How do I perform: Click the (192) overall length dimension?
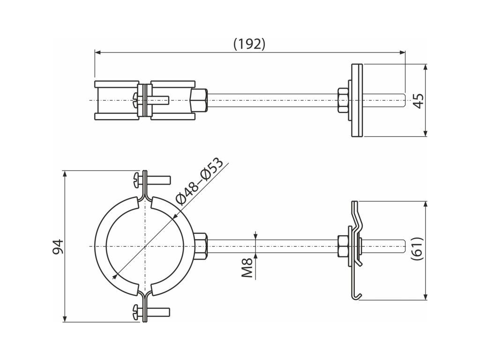coord(249,44)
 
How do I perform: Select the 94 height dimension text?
coord(57,247)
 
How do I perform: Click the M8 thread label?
coord(248,267)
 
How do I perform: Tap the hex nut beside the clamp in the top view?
coord(199,100)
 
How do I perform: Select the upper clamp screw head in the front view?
coord(136,179)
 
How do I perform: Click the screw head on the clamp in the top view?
coord(135,99)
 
